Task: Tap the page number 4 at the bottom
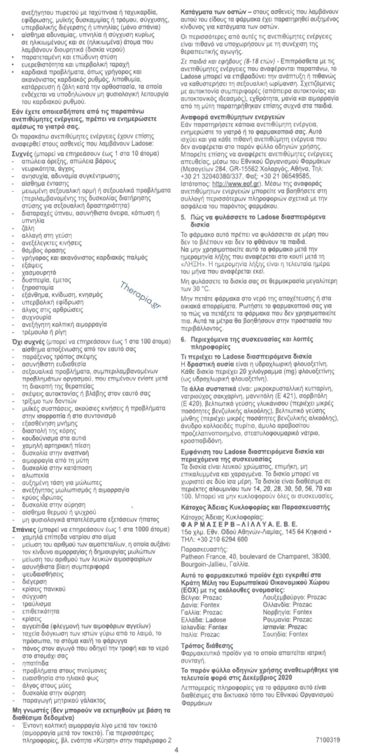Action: click(x=185, y=749)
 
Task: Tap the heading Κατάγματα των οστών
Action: click(x=225, y=5)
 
